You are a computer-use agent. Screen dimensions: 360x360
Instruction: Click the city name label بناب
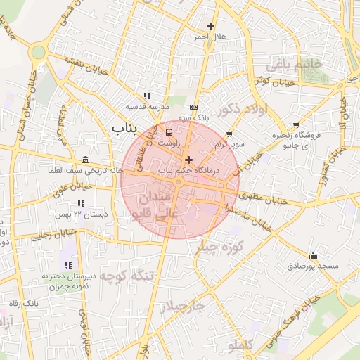click(126, 127)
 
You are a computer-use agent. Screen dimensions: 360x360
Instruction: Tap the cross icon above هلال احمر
click(210, 27)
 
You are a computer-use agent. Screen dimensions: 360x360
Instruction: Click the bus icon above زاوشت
click(169, 131)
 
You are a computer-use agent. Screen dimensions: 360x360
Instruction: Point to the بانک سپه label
click(193, 118)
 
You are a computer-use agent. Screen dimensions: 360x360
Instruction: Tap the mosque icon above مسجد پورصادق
click(313, 255)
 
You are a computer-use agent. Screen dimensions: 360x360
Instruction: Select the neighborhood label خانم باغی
click(293, 65)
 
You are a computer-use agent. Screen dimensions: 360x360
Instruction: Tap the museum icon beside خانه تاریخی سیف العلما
click(86, 159)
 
